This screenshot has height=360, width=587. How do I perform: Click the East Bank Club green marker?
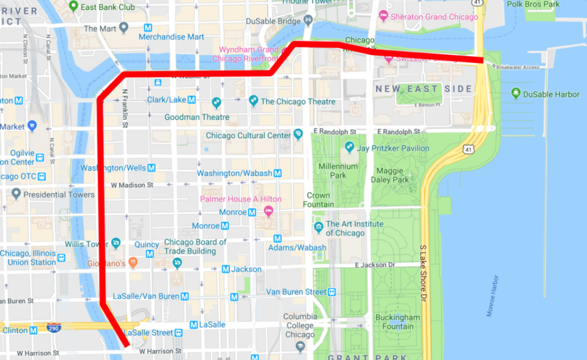73,7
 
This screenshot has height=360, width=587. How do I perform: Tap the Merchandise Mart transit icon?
147,28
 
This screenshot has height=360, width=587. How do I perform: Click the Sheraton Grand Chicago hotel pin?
383,16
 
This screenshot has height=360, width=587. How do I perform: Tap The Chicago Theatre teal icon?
253,101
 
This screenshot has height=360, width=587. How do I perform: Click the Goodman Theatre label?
197,117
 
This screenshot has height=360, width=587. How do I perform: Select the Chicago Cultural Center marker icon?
298,134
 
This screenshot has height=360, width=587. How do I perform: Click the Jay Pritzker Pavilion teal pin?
349,147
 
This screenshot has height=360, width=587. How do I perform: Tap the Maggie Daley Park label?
389,175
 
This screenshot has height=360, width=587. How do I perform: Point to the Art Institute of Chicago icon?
318,227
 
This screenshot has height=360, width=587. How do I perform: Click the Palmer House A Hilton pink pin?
268,211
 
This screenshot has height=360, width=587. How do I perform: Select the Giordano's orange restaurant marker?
133,262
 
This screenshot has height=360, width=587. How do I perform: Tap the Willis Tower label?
87,244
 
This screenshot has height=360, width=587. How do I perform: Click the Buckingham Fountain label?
397,321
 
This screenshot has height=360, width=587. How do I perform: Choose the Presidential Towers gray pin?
17,194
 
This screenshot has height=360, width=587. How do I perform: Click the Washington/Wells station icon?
151,167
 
